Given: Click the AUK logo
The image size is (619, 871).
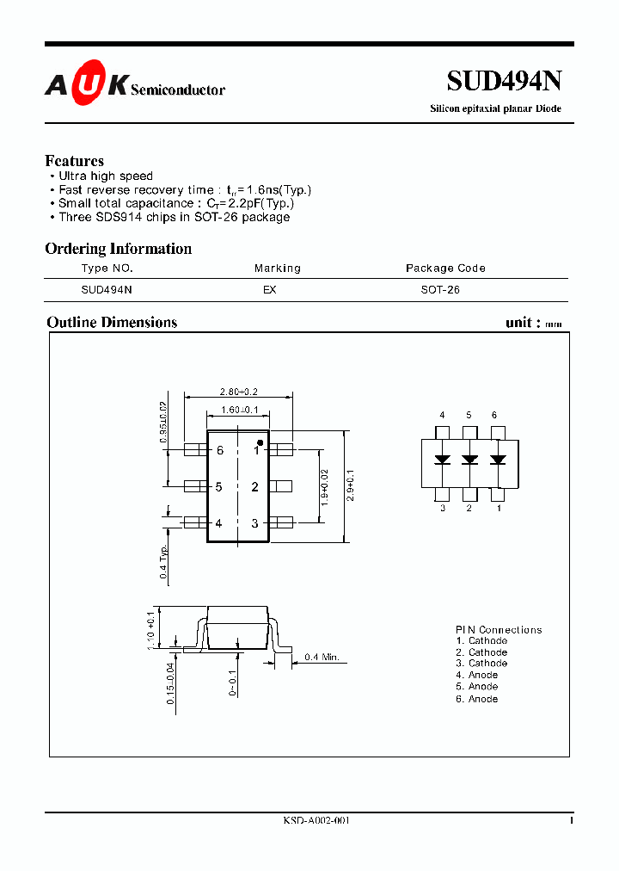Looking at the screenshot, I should [87, 84].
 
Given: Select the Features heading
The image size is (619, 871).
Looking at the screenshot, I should [74, 161].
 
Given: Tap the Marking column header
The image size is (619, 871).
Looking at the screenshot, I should [277, 269].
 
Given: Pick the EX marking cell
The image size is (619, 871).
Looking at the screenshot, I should [269, 290].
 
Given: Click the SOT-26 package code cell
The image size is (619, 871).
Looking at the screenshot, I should [440, 290].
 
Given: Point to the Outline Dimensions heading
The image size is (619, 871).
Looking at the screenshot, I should [112, 323].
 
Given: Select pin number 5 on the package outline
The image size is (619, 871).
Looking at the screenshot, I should [219, 487].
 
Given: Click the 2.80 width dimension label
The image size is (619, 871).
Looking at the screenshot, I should [238, 392].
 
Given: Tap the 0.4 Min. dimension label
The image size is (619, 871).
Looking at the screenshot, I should [322, 658].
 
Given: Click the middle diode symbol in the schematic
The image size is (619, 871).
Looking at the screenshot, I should [469, 460].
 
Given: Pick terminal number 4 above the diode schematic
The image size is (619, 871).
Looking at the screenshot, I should [442, 416].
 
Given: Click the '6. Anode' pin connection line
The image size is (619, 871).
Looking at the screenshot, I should [477, 699].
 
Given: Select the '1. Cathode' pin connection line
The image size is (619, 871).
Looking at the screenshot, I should [481, 640].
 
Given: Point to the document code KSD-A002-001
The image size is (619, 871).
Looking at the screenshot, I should [316, 821].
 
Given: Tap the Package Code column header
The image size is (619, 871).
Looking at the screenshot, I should [445, 269].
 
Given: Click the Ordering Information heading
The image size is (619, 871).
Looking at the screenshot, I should [118, 249].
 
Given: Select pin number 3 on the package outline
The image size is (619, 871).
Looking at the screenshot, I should [254, 523].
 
